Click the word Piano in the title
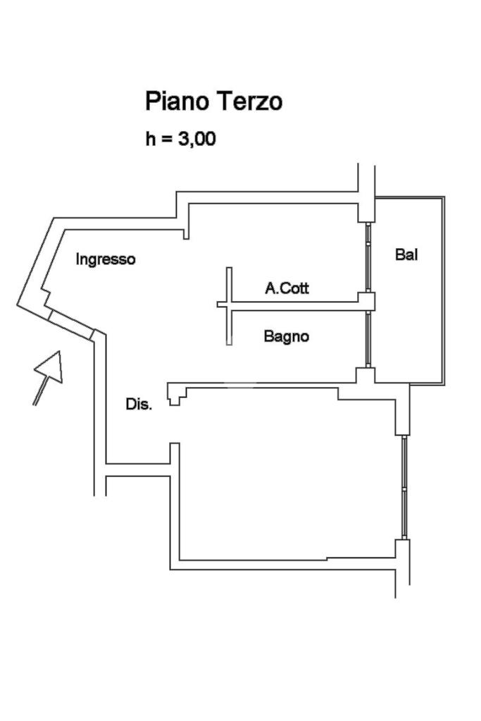(175, 101)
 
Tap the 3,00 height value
(196, 140)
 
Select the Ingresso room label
(106, 259)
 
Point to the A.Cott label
(287, 288)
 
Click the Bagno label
(286, 337)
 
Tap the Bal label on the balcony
(406, 255)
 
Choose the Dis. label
(139, 405)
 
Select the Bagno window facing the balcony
(368, 339)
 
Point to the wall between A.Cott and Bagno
(296, 304)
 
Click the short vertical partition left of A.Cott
(229, 304)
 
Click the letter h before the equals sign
(151, 140)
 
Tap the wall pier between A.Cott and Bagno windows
(368, 302)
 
